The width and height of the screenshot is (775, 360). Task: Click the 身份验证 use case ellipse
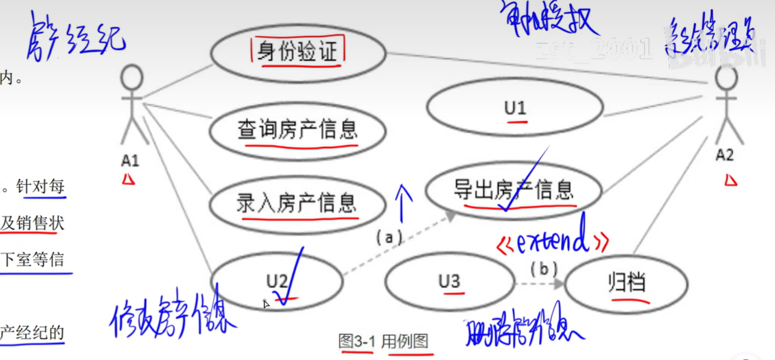[x=298, y=53]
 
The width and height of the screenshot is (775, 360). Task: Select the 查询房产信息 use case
[x=298, y=131]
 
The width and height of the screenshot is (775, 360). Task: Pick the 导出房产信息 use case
[x=514, y=190]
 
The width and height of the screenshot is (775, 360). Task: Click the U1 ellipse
[x=515, y=108]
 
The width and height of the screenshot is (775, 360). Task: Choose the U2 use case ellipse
[x=276, y=281]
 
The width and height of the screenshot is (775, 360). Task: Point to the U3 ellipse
[x=449, y=282]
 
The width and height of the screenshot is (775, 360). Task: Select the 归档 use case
[x=626, y=283]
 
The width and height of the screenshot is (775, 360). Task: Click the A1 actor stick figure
[x=132, y=104]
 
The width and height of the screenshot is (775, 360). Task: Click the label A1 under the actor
[x=130, y=161]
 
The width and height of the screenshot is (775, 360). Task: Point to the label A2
[x=724, y=156]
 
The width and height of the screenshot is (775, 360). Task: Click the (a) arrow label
[x=389, y=237]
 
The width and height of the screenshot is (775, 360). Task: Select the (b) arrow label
[x=543, y=269]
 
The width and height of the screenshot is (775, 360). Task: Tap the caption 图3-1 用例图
[x=383, y=341]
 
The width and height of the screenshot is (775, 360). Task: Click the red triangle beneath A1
[x=129, y=179]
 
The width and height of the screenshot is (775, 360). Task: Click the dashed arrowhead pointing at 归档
[x=559, y=284]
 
